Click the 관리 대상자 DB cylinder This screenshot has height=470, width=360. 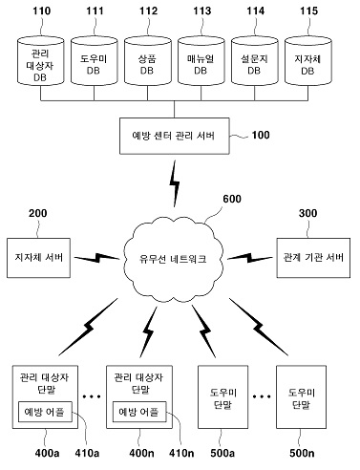tap(40, 61)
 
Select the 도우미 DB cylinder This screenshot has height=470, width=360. tap(95, 61)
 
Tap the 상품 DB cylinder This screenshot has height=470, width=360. tap(148, 61)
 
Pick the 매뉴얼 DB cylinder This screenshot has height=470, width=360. tap(201, 61)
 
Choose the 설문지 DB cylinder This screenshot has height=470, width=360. tap(255, 61)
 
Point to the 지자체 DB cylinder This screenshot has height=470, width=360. tap(308, 61)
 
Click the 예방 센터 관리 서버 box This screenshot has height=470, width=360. tap(175, 136)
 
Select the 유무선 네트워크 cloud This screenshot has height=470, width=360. tap(173, 258)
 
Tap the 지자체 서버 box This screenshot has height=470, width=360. tap(38, 258)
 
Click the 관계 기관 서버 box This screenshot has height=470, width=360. tap(313, 258)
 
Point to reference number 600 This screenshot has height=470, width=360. tap(232, 199)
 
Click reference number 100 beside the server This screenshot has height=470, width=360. tap(261, 135)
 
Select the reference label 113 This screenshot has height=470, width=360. tap(202, 11)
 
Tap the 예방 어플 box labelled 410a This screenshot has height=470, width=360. tap(45, 412)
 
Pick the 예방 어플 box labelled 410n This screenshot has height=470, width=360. tap(139, 412)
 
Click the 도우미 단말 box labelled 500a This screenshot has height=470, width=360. tap(222, 397)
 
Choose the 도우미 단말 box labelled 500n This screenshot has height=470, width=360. tap(301, 397)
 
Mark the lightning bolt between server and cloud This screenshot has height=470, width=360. tap(175, 183)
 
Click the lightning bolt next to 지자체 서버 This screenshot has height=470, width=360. tap(96, 258)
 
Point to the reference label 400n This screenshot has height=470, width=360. tap(141, 453)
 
